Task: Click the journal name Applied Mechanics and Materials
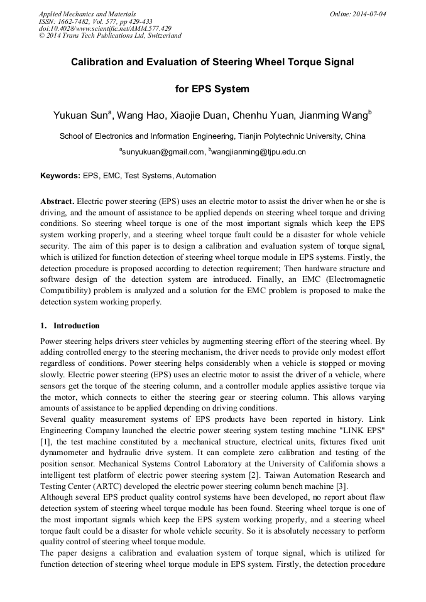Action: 87,14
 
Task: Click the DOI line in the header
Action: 105,28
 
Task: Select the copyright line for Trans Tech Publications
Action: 110,36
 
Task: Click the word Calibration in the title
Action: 97,62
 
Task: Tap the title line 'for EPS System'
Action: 212,89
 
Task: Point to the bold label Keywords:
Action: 60,176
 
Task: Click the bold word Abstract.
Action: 57,202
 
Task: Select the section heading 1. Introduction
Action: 70,326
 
